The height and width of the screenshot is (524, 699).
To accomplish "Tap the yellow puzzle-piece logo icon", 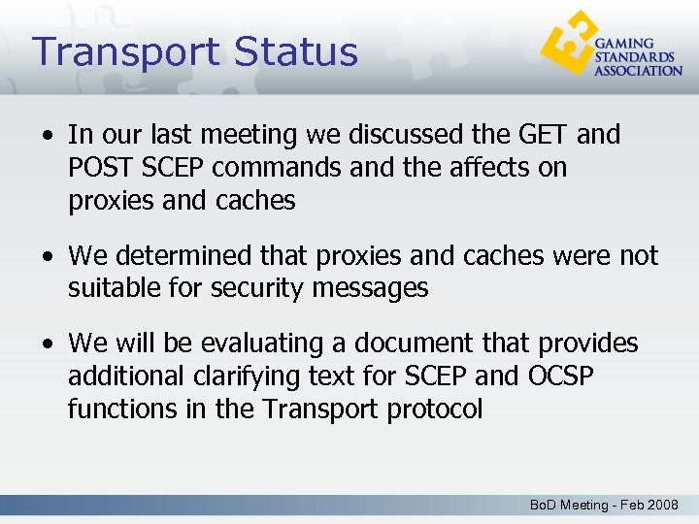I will pyautogui.click(x=568, y=46).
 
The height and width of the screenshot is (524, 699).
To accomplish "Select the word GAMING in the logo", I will pyautogui.click(x=624, y=44).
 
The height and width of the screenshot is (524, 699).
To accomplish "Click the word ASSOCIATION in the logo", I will pyautogui.click(x=638, y=70).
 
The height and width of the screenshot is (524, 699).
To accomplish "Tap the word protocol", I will pyautogui.click(x=434, y=409).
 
